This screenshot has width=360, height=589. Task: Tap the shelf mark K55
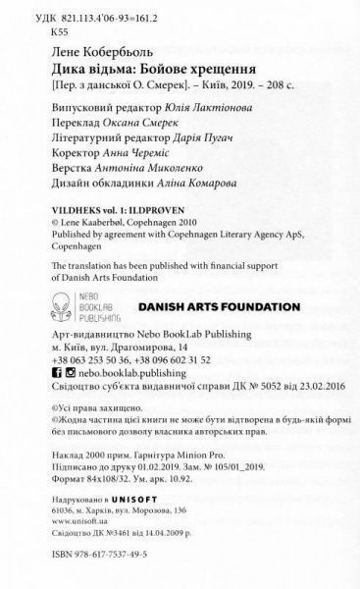tap(40, 30)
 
